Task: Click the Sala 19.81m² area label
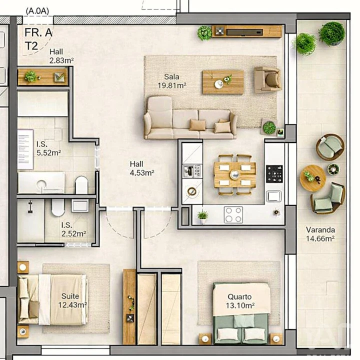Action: click(171, 81)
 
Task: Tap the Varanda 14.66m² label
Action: click(320, 234)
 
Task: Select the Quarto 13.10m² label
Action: click(238, 301)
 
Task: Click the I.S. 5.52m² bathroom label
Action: click(48, 148)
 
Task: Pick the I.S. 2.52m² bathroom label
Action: click(73, 229)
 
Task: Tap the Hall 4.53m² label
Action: click(141, 168)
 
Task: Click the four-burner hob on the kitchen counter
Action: click(233, 214)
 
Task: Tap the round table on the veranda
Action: click(313, 177)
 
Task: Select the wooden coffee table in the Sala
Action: click(223, 81)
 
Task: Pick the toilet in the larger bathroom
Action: click(82, 184)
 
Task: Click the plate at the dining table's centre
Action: click(235, 174)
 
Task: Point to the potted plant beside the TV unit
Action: click(204, 33)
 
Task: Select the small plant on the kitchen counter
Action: click(202, 216)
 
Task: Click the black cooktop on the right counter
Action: click(274, 173)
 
